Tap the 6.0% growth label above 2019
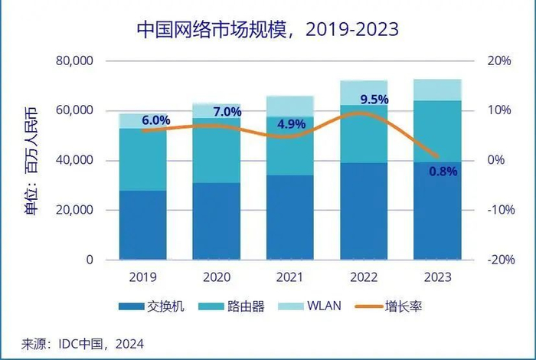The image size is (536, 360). [156, 120]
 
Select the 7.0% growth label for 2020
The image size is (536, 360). [227, 113]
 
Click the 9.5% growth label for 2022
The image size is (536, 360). [374, 100]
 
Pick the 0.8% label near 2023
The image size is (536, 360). [442, 172]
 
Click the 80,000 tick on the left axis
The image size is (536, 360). [75, 61]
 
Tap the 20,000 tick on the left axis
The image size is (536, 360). [75, 210]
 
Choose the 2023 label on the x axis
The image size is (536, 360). [437, 277]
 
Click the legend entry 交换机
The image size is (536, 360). [162, 307]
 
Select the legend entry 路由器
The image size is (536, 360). [247, 307]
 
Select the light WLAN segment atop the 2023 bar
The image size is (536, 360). [437, 90]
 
